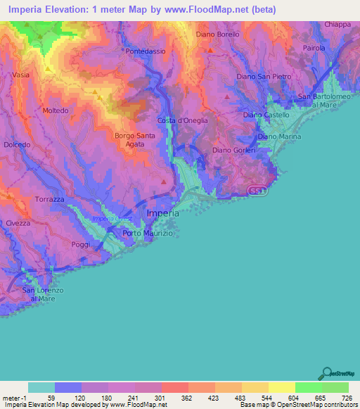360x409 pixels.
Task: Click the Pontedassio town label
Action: [x=144, y=52]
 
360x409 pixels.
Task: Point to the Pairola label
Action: [x=314, y=48]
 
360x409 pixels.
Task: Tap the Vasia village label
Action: [x=20, y=74]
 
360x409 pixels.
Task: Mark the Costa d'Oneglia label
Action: [x=182, y=120]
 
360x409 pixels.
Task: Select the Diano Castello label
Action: [x=262, y=115]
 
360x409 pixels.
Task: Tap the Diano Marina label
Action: [x=279, y=136]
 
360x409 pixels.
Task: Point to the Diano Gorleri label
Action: [x=232, y=150]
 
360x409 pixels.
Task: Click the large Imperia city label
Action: [x=162, y=213]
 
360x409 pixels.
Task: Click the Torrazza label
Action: [x=50, y=200]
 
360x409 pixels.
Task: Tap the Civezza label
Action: [x=18, y=223]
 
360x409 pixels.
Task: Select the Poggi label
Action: [x=80, y=244]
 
